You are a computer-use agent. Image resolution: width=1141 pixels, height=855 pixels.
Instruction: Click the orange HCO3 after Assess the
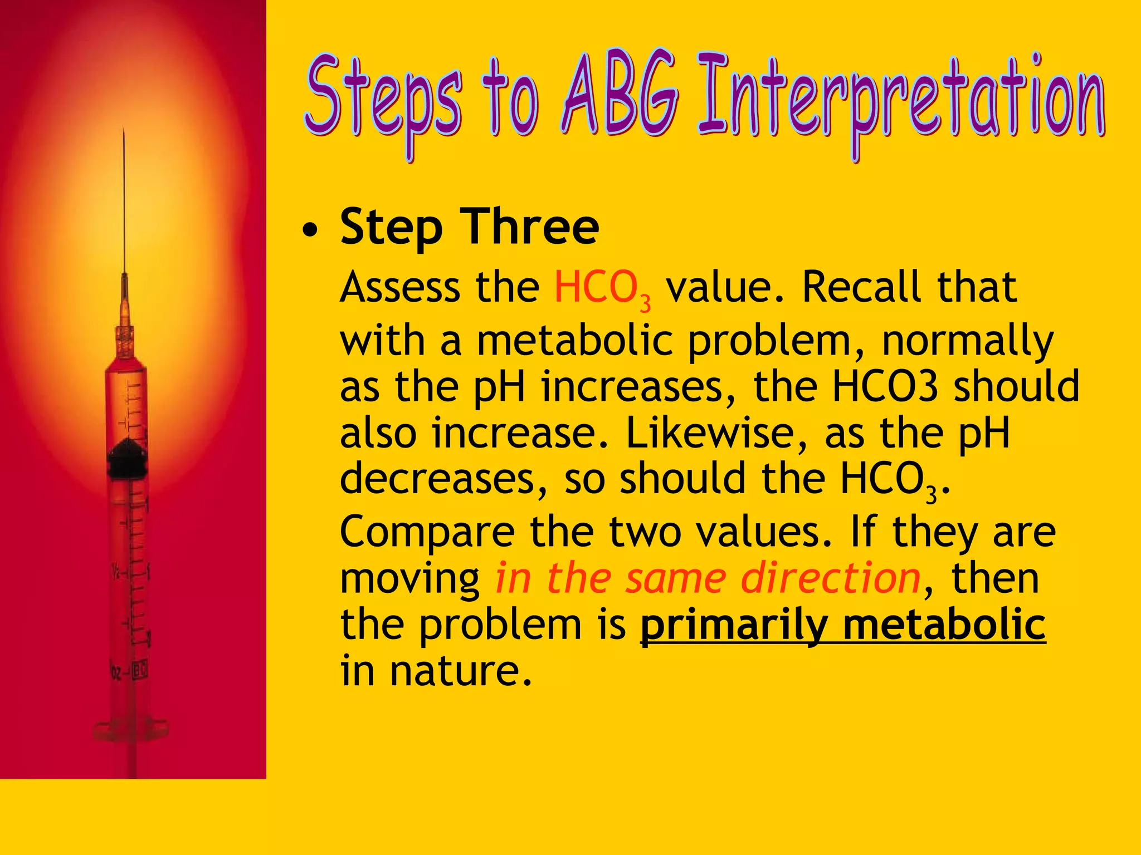point(602,288)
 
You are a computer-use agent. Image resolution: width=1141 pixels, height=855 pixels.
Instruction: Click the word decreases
point(443,479)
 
